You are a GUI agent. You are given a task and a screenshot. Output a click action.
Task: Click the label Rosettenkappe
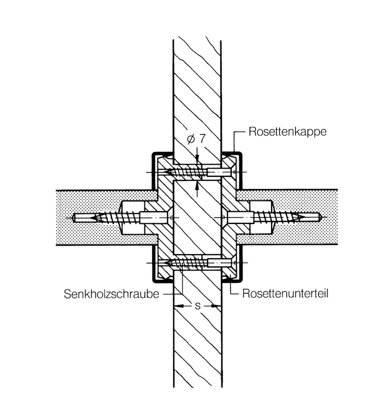tap(287, 131)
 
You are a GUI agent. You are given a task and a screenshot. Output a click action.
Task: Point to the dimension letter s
tap(198, 306)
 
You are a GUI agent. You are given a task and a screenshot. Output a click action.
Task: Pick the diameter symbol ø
tap(191, 139)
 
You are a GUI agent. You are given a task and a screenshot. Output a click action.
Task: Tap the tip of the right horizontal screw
tap(319, 217)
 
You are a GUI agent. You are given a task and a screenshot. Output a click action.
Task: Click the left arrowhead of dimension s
tap(177, 306)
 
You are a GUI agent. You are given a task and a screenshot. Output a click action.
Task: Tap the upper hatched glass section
tap(197, 87)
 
